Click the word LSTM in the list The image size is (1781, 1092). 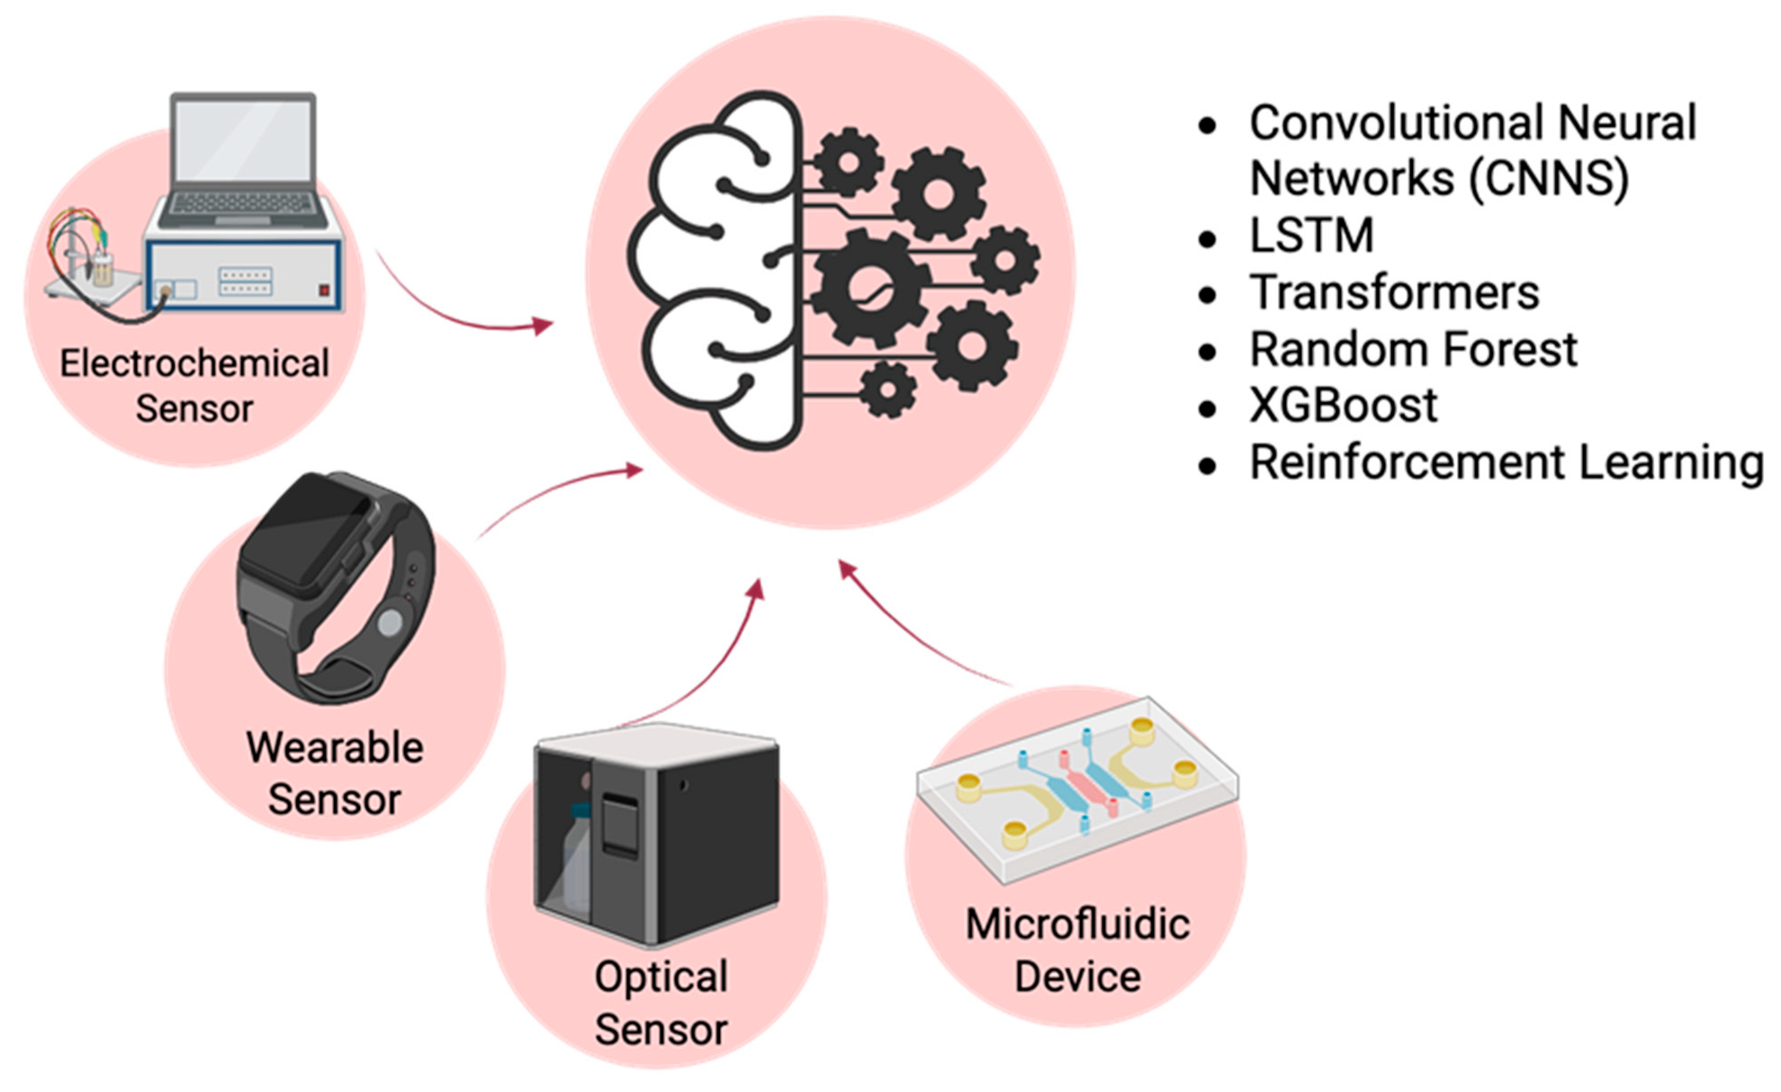coord(1311,236)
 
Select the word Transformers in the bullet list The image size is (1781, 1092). coord(1394,292)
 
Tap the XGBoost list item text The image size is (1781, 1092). coord(1343,406)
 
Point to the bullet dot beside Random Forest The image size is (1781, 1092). coord(1208,352)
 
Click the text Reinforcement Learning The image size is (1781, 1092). coord(1506,462)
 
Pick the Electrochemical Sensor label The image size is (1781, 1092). coord(193,386)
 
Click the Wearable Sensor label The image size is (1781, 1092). coord(334,774)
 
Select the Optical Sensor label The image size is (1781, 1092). coord(661,1002)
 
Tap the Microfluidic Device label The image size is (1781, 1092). coord(1077,950)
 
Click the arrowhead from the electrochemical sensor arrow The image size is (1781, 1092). coord(543,325)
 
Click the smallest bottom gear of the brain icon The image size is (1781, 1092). coord(887,389)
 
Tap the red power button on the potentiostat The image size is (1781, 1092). coord(324,291)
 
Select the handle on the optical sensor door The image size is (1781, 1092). coord(619,823)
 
